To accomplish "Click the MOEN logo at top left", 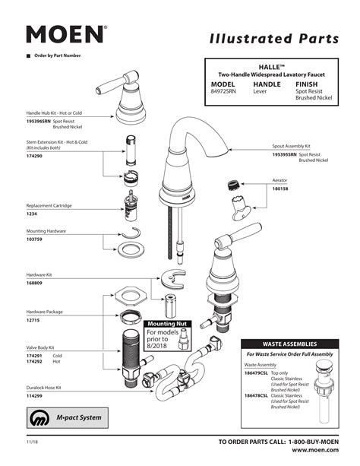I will (65, 34).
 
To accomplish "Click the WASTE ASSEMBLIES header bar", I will (289, 343).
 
